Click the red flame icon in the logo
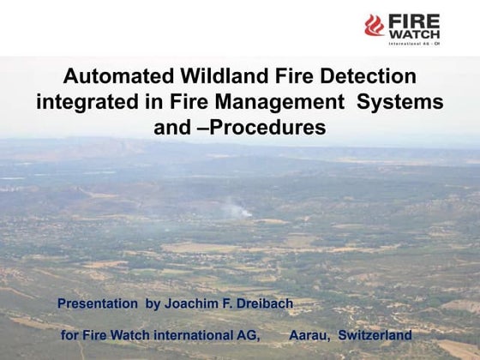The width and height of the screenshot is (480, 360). [374, 25]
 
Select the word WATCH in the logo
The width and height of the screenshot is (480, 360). [414, 33]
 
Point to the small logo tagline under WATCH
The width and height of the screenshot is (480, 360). [414, 43]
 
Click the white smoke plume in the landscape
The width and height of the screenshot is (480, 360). [236, 208]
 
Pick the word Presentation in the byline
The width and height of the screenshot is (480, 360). [96, 303]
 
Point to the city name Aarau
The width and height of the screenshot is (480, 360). [309, 334]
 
